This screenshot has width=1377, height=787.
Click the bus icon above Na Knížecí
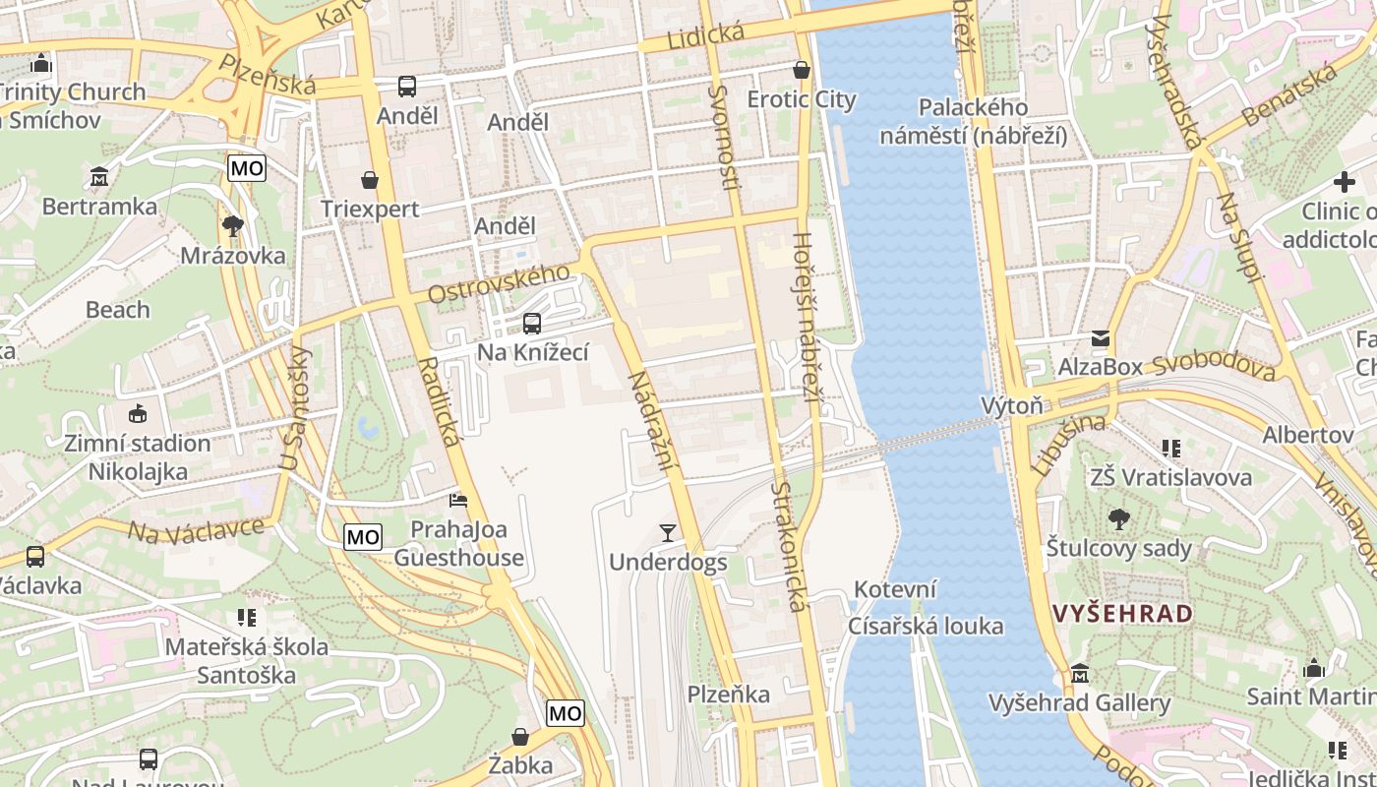pyautogui.click(x=532, y=323)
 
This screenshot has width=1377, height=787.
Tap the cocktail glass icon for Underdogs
pyautogui.click(x=668, y=533)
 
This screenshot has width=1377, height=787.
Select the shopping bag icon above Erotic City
pyautogui.click(x=802, y=70)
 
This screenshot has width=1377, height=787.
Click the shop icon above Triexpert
pyautogui.click(x=370, y=180)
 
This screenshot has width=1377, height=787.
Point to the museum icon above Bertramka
pyautogui.click(x=99, y=178)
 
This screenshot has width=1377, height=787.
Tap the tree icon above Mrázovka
pyautogui.click(x=233, y=227)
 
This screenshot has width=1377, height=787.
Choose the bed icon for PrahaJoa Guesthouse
pyautogui.click(x=458, y=501)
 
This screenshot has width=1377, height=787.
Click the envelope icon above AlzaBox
pyautogui.click(x=1100, y=338)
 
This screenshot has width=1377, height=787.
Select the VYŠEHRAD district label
pyautogui.click(x=1122, y=614)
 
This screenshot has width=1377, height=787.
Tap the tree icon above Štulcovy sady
pyautogui.click(x=1118, y=519)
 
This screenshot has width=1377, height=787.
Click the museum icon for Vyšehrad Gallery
pyautogui.click(x=1080, y=674)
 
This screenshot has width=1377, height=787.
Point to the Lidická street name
pyautogui.click(x=705, y=37)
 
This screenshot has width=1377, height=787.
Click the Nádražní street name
pyautogui.click(x=655, y=418)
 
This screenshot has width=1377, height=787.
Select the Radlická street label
pyautogui.click(x=439, y=401)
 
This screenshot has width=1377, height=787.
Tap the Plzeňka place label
pyautogui.click(x=729, y=695)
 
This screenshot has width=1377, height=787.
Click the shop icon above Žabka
pyautogui.click(x=520, y=737)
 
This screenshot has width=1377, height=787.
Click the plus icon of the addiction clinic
pyautogui.click(x=1344, y=182)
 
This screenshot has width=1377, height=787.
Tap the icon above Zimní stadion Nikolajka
pyautogui.click(x=138, y=414)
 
